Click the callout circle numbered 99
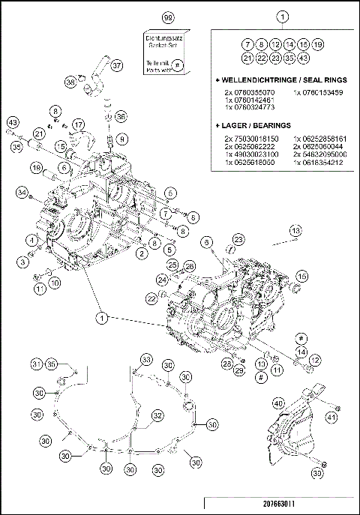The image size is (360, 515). click(167, 16)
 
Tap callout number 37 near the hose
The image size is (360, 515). click(116, 66)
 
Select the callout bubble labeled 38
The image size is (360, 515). click(70, 81)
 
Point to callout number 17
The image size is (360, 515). click(79, 124)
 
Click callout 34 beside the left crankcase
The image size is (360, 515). click(22, 194)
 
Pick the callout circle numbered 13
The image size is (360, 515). click(295, 229)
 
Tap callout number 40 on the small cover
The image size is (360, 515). click(278, 403)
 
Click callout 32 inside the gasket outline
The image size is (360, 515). click(157, 415)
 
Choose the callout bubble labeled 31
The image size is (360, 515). click(36, 364)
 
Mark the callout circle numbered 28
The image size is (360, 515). click(226, 364)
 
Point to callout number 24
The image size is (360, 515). click(163, 280)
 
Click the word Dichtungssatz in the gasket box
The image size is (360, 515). click(163, 35)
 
